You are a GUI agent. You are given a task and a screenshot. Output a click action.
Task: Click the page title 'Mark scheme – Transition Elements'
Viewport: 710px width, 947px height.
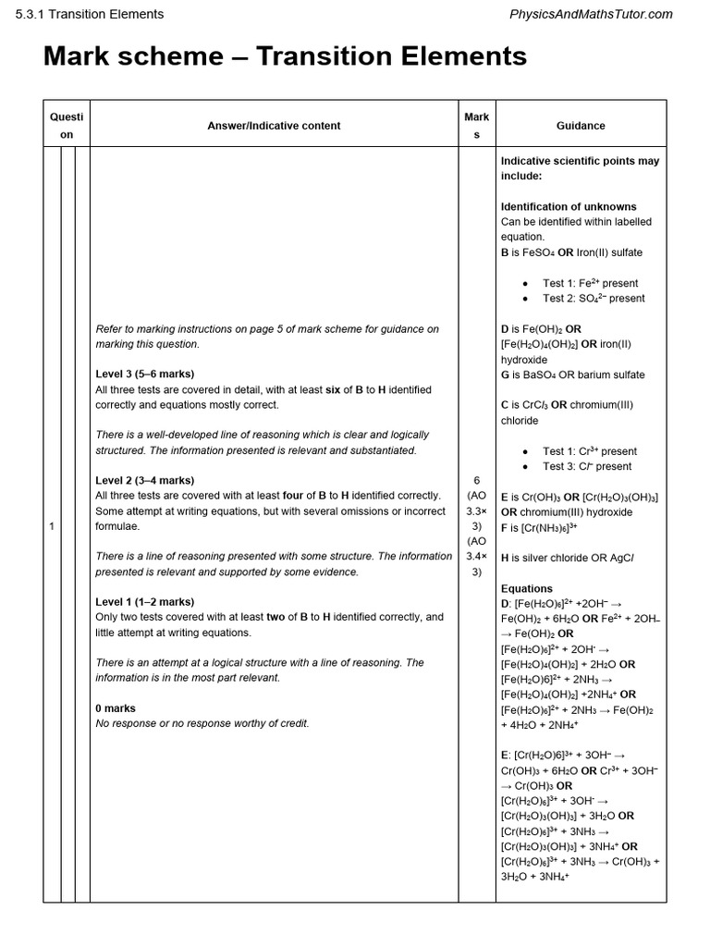coord(285,56)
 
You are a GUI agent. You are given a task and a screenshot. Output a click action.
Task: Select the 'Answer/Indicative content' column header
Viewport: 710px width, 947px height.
coord(274,126)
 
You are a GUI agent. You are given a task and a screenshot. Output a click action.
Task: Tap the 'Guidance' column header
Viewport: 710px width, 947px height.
coord(581,126)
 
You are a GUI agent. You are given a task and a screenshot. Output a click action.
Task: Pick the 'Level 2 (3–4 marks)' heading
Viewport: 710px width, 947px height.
coord(145,481)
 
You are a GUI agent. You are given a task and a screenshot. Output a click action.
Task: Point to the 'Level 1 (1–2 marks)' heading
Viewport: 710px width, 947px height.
coord(145,602)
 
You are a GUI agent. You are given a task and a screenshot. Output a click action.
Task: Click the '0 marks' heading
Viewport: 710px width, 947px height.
coord(116,708)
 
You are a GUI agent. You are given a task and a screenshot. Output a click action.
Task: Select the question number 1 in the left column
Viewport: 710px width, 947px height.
coord(52,526)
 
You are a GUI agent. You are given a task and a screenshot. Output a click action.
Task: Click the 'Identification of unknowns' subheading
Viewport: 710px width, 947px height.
coord(569,207)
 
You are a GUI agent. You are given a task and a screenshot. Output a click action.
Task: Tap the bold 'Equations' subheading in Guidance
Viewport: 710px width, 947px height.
coord(527,588)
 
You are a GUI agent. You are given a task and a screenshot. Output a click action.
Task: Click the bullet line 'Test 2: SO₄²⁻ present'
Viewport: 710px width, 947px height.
coord(594,299)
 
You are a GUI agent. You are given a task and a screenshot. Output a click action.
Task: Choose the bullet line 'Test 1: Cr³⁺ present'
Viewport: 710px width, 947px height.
coord(590,451)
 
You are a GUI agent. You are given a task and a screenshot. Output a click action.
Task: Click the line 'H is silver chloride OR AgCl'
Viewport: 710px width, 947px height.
coord(568,558)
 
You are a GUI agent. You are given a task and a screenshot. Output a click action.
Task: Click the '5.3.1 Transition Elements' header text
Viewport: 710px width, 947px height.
coord(90,14)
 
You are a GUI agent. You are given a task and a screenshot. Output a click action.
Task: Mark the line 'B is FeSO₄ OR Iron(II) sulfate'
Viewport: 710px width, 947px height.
coord(571,252)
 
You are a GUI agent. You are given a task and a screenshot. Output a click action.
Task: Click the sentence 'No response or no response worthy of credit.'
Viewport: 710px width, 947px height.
coord(202,723)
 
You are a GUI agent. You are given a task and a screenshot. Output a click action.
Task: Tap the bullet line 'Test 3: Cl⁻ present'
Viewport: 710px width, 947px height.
coord(587,466)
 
